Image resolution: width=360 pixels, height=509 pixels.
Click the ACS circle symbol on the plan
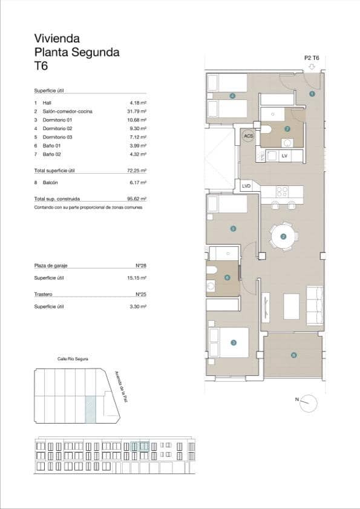[248, 136]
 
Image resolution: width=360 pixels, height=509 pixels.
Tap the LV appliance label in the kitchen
[284, 156]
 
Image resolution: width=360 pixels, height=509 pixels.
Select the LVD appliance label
[246, 186]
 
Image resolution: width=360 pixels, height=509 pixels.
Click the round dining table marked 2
[283, 236]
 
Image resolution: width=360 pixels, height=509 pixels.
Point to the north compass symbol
[309, 402]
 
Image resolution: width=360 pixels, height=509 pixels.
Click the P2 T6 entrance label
[311, 58]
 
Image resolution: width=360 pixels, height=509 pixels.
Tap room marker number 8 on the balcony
[293, 355]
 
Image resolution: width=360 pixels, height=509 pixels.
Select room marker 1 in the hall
[312, 94]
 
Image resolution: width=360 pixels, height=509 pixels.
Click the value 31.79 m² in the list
[139, 111]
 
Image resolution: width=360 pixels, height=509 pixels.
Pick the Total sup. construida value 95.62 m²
[139, 199]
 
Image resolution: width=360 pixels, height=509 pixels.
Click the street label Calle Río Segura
[73, 359]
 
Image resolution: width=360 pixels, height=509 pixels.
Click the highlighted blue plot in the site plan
[90, 409]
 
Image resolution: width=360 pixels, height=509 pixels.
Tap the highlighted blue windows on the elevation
[140, 446]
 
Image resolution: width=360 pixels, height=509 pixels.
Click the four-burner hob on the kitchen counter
[282, 192]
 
